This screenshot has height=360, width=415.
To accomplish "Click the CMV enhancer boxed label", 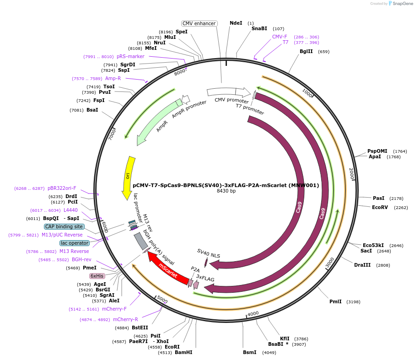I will pos(199,23).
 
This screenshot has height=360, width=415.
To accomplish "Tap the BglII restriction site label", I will pos(306,52).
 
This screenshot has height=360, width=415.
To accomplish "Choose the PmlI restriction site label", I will pos(335,301).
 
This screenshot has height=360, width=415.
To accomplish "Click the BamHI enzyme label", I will pos(183,353).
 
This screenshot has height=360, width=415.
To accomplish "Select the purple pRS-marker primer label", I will pos(130,57).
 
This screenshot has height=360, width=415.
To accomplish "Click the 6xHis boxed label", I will pos(97,276).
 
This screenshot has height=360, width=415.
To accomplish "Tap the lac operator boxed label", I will pos(74,243).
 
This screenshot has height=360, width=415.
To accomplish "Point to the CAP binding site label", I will pos(64,226).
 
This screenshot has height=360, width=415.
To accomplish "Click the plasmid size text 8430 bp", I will pos(226,191).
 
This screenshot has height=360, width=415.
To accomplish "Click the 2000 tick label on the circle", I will pos(351,174).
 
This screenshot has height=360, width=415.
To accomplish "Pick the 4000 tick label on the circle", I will pos(253,314).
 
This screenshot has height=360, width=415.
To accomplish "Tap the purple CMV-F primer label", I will pos(280,37).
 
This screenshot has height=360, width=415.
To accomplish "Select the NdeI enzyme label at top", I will pos(236,23).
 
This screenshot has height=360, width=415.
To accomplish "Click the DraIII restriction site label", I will pos(362,265).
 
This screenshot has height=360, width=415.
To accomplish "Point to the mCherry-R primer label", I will pos(125,319).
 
